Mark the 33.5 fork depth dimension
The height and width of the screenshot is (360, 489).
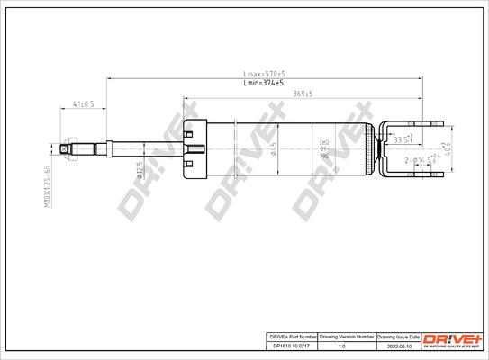(x=402, y=139)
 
